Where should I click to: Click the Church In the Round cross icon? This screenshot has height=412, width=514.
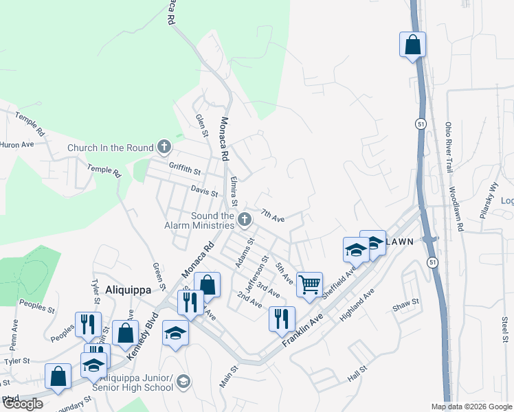[164, 146]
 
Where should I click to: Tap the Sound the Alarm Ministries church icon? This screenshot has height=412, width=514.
[245, 220]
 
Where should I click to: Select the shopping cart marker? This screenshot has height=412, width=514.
[310, 284]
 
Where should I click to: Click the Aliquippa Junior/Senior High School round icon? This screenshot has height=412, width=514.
[183, 381]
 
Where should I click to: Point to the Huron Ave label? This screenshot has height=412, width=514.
[17, 145]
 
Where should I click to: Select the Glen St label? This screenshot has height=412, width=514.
[201, 126]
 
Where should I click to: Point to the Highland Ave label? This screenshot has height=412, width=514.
[358, 306]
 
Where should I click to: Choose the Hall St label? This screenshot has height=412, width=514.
[359, 376]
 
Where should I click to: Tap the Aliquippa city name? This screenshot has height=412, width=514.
[128, 290]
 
